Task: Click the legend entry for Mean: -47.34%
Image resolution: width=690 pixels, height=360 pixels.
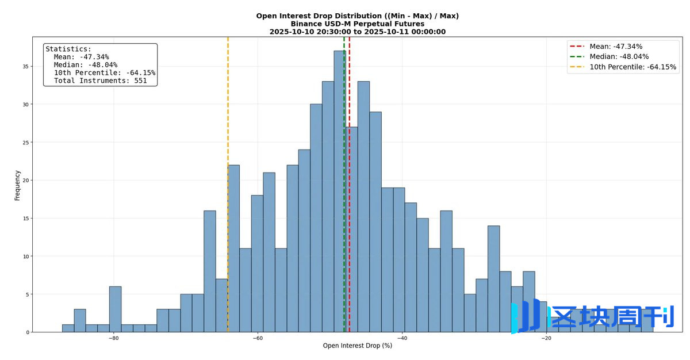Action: click(616, 47)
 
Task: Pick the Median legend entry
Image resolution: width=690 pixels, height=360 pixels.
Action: click(619, 56)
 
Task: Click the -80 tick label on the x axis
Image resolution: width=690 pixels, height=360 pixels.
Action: click(114, 338)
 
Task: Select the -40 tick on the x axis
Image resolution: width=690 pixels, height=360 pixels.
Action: click(402, 338)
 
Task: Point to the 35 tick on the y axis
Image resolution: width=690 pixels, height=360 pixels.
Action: click(25, 67)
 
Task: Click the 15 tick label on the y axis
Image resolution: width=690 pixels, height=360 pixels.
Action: click(25, 219)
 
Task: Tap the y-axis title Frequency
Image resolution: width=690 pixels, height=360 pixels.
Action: click(17, 185)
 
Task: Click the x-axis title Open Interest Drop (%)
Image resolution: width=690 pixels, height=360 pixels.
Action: click(357, 346)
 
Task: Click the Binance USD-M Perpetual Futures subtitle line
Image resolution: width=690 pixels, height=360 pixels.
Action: click(357, 24)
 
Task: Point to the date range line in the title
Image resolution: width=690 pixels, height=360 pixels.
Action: click(357, 32)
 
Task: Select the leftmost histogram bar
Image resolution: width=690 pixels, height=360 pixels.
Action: click(68, 328)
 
